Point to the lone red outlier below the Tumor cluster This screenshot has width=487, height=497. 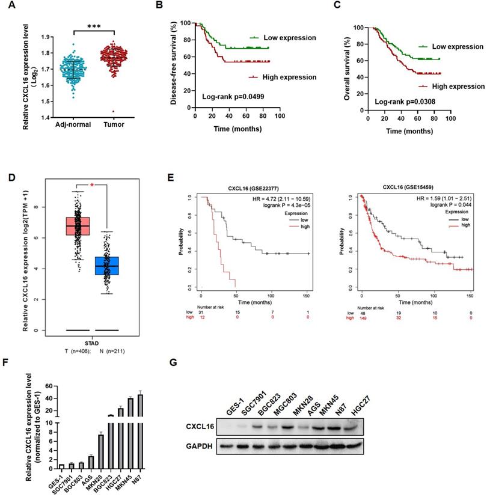point(112,111)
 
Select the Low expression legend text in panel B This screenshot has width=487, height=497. point(289,38)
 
